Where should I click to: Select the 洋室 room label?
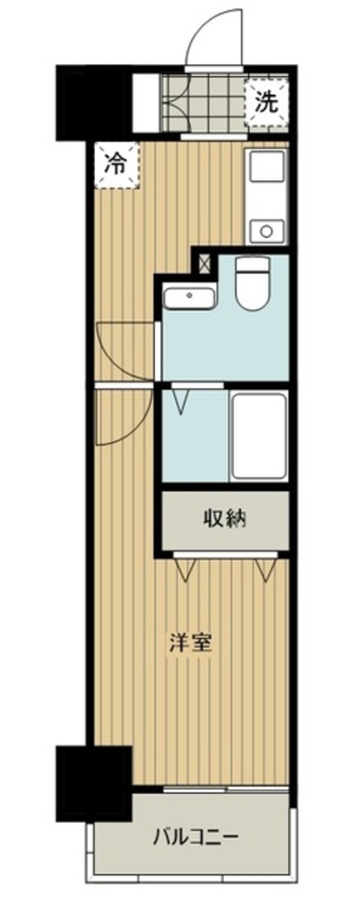pyautogui.click(x=193, y=644)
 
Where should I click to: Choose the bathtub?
pyautogui.click(x=259, y=436)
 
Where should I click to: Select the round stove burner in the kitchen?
pyautogui.click(x=265, y=230)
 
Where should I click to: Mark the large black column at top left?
pyautogui.click(x=94, y=102)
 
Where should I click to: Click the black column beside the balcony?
pyautogui.click(x=94, y=782)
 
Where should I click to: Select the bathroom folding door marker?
pyautogui.click(x=182, y=400)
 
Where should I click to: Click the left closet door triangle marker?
pyautogui.click(x=185, y=569)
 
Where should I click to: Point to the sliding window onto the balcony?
pyautogui.click(x=225, y=789)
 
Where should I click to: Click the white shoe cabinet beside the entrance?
pyautogui.click(x=146, y=103)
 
